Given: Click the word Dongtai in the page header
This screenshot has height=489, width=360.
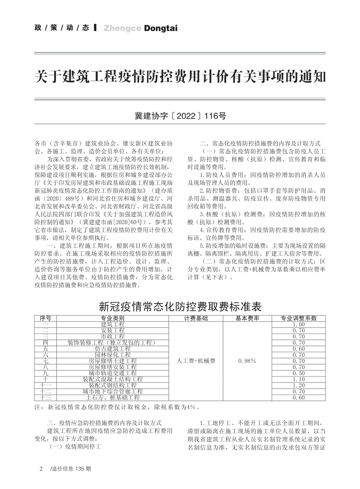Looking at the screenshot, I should (x=161, y=28).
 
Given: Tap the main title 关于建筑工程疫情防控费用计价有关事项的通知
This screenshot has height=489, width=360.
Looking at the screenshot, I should (x=180, y=77).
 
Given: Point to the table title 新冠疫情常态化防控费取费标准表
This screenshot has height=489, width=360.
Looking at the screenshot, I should (x=180, y=306).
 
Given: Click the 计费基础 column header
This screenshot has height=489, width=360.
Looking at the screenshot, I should (x=196, y=318).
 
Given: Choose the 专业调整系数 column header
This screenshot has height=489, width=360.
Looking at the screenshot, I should (x=299, y=318).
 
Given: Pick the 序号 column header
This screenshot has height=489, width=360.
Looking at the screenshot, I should (x=45, y=318).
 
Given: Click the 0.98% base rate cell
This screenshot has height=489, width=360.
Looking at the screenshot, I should (x=247, y=361).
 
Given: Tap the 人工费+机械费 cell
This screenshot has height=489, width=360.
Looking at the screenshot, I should (x=196, y=361).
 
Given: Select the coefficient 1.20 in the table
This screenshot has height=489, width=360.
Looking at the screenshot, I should (x=299, y=385).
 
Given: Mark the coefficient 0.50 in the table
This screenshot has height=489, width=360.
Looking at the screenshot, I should (x=299, y=373).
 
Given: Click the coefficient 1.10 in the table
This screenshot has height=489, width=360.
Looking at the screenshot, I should (x=299, y=379).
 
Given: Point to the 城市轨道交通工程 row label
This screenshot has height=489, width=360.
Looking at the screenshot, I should (x=113, y=373).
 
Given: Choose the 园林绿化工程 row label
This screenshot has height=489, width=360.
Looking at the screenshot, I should (x=113, y=355).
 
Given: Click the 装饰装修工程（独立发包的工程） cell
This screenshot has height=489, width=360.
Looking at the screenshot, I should (x=113, y=343).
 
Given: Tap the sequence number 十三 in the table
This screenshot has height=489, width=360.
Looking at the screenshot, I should (x=45, y=398).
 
